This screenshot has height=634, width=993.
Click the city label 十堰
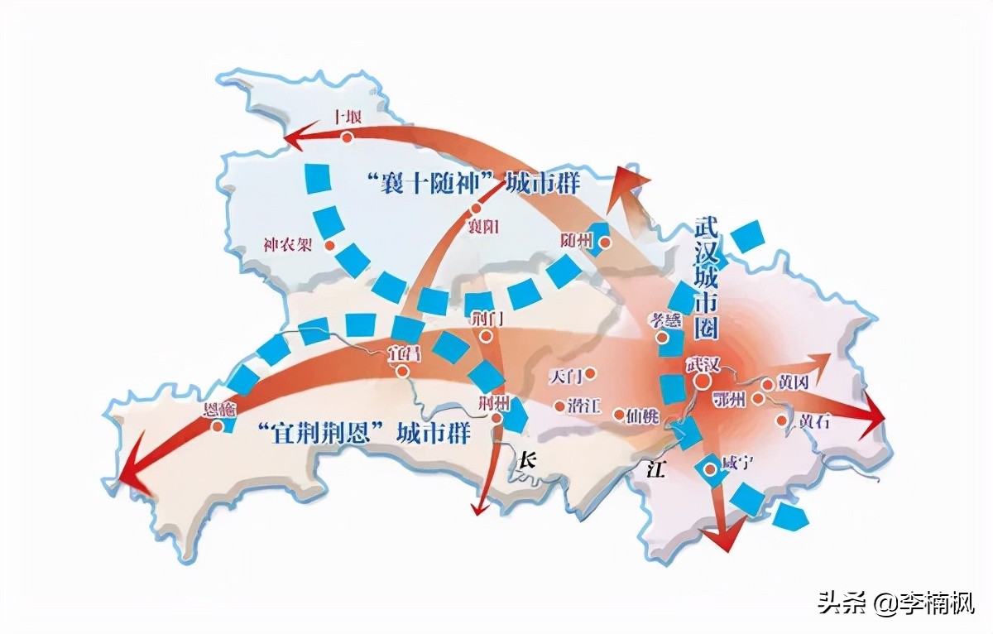click(x=347, y=117)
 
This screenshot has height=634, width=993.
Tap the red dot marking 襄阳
click(x=475, y=209)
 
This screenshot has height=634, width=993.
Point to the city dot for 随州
click(x=605, y=243)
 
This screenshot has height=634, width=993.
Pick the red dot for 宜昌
click(x=402, y=372)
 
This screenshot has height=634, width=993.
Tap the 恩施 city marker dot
click(x=217, y=426)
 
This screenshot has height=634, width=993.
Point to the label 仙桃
click(x=641, y=415)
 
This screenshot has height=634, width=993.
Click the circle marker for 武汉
click(x=702, y=381)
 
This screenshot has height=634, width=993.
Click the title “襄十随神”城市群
click(x=473, y=182)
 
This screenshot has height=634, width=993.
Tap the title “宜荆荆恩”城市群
click(x=363, y=432)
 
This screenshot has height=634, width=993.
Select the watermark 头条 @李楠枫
click(x=896, y=603)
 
